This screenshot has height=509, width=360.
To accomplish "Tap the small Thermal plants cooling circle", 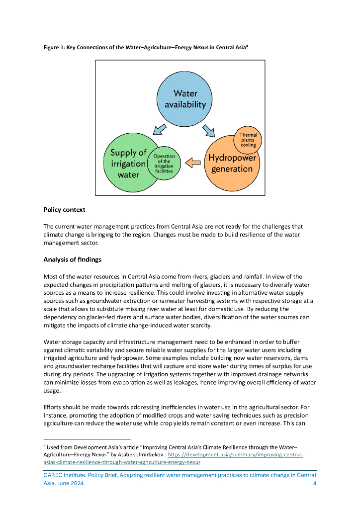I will pyautogui.click(x=248, y=139).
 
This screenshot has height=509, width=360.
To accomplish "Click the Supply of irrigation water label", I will pyautogui.click(x=128, y=164).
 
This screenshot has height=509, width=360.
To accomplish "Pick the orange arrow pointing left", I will pyautogui.click(x=193, y=163).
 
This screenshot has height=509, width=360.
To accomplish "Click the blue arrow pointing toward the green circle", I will pyautogui.click(x=160, y=129).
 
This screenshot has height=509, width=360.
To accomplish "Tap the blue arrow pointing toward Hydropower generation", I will pyautogui.click(x=209, y=130).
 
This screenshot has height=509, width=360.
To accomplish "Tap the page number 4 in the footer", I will pyautogui.click(x=314, y=484).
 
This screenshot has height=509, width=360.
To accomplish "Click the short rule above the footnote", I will pyautogui.click(x=87, y=439).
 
